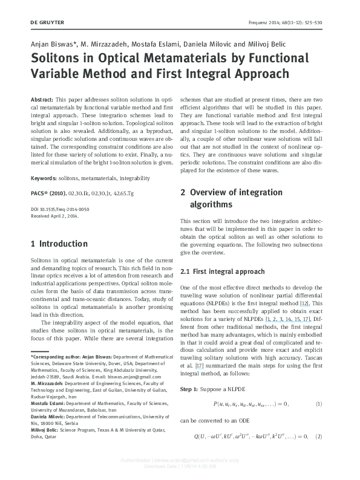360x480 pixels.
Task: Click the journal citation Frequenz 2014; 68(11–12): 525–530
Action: [286, 22]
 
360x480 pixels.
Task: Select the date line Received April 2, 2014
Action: [54, 215]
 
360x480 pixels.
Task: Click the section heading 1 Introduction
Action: [59, 244]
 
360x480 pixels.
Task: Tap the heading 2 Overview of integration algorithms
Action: [231, 198]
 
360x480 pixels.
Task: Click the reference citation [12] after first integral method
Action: [306, 302]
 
